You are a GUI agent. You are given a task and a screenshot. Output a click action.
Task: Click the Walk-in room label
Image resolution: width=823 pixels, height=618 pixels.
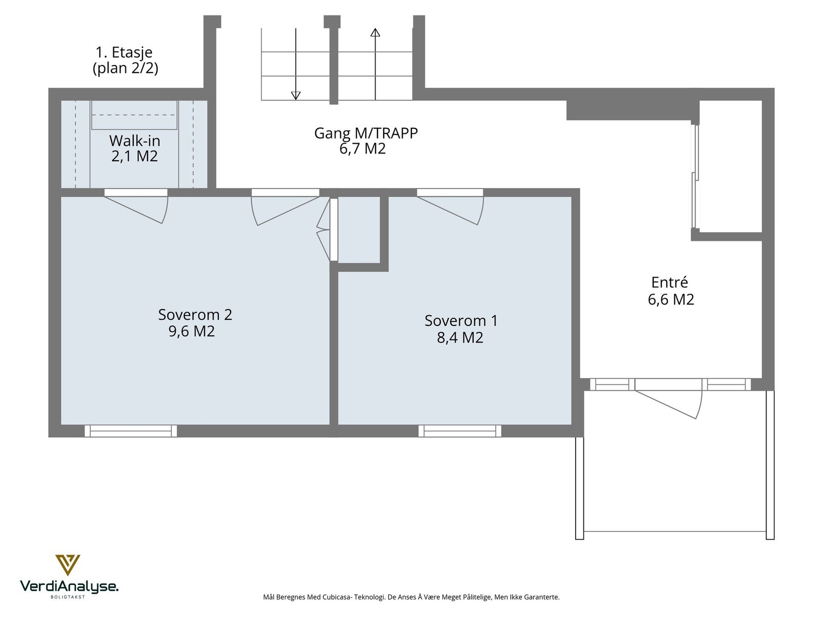coord(135,141)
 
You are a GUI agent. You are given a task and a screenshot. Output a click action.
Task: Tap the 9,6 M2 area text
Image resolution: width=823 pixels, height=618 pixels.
coord(191,331)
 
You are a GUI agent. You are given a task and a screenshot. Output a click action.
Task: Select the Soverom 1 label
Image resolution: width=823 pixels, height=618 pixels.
coord(461,320)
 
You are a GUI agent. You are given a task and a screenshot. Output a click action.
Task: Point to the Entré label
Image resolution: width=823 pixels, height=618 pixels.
coord(669,282)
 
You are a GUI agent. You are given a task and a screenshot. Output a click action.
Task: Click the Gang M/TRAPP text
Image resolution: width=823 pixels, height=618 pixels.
coord(366,133)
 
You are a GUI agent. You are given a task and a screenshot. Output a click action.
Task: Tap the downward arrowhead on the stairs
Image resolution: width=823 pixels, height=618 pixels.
coord(296,96)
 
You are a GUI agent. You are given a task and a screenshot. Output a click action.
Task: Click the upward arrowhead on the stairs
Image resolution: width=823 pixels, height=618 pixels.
coord(375,32)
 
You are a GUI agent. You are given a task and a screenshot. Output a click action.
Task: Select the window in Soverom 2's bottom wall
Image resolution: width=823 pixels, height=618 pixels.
coord(131,431)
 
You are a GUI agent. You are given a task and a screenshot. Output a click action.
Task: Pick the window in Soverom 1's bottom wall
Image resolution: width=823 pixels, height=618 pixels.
coord(460,431)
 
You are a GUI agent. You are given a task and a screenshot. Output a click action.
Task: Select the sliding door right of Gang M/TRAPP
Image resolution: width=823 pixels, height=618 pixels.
coord(695,176)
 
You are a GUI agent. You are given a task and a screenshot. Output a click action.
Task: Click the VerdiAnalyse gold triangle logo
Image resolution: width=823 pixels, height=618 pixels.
coord(68,565)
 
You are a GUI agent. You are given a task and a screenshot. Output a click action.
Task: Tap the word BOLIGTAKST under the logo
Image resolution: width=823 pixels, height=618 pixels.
coord(68,597)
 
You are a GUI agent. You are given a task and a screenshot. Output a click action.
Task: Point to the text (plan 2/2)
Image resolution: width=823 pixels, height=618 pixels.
coord(126,68)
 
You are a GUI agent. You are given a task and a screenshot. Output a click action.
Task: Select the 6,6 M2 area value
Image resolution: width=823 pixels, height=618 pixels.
coord(671,299)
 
